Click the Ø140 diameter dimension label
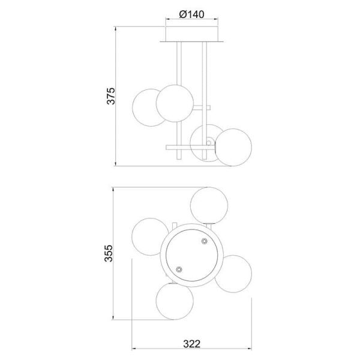pos(191,14)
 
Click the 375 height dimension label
pos(111,96)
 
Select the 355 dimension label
pos(109,253)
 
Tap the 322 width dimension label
pos(192,344)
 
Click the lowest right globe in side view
pos(233,147)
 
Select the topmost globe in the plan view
pos(209,205)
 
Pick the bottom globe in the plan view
pos(175,301)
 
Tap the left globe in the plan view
pos(149,236)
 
